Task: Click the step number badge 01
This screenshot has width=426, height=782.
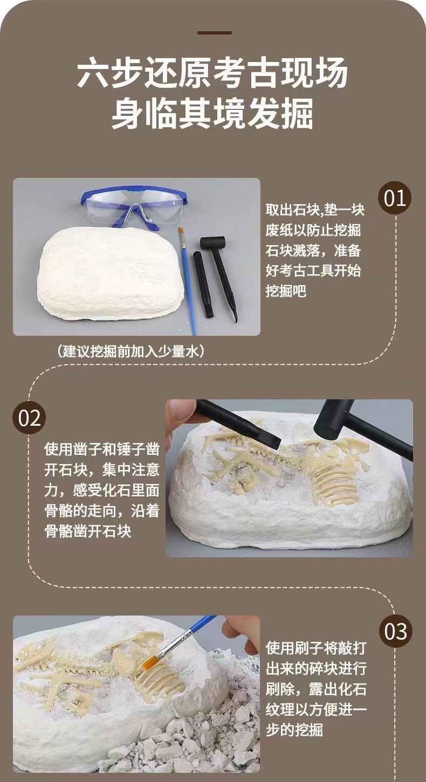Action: (395, 198)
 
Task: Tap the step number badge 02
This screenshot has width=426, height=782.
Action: (29, 418)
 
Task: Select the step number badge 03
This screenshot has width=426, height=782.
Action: (396, 632)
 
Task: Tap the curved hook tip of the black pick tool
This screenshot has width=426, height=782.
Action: (235, 318)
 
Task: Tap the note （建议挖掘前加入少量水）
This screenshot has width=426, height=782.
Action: (130, 351)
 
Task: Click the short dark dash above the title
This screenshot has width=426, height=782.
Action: (215, 33)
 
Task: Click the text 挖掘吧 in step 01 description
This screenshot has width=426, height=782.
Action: (286, 291)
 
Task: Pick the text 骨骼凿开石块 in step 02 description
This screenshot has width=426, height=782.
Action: (88, 531)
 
